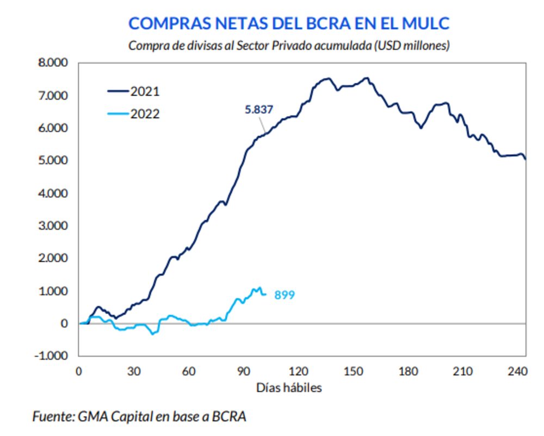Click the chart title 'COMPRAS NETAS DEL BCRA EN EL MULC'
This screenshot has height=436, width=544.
click(x=289, y=23)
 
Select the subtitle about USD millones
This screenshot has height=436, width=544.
click(x=289, y=46)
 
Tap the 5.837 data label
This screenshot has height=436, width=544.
click(x=259, y=110)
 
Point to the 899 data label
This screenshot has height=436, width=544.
click(x=284, y=296)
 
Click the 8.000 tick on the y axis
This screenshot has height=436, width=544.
click(x=53, y=63)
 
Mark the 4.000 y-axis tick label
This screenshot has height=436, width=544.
click(x=53, y=193)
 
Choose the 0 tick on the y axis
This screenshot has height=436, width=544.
click(x=65, y=323)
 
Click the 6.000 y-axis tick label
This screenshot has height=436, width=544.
click(x=53, y=128)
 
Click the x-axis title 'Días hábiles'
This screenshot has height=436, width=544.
click(x=289, y=388)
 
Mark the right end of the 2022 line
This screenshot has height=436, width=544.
click(x=265, y=294)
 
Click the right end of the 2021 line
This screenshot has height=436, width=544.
click(x=526, y=159)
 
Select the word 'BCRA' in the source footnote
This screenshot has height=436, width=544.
click(x=230, y=417)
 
